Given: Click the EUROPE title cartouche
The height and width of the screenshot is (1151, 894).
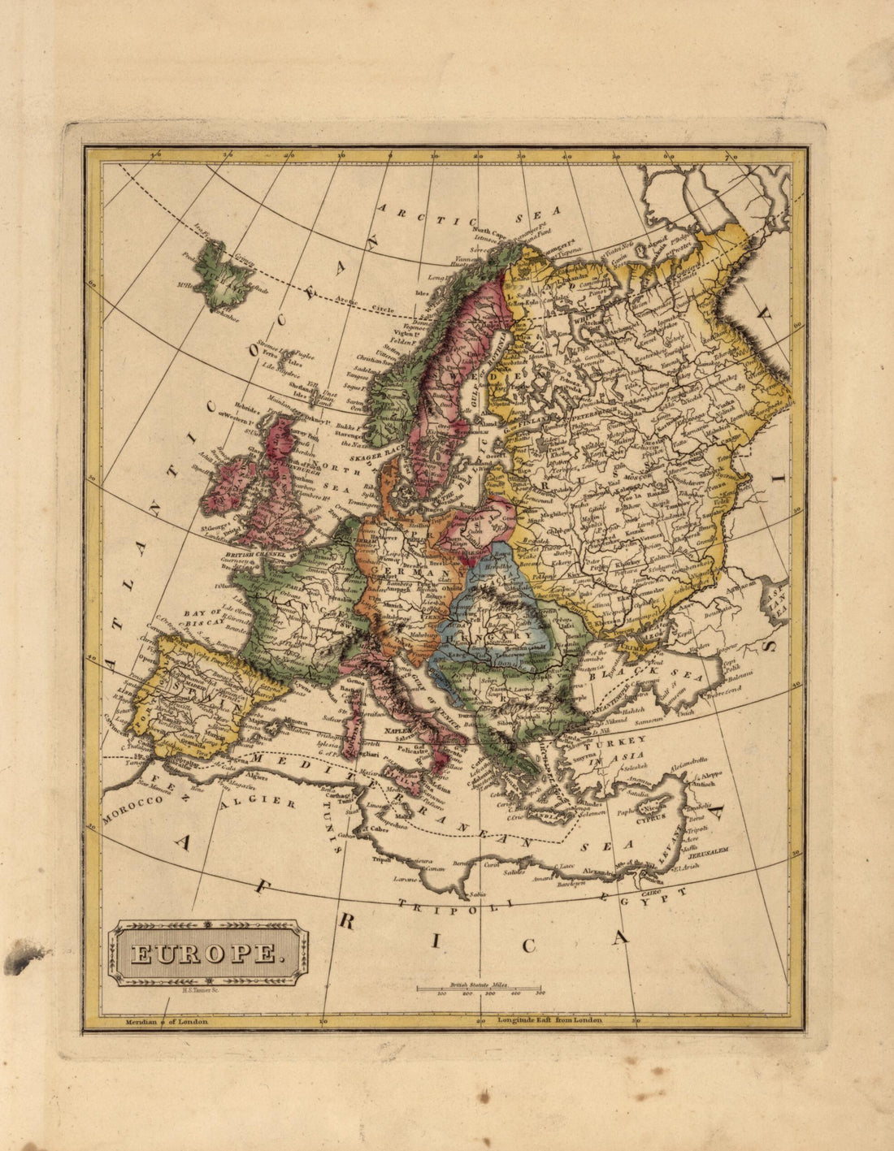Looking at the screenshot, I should [x=208, y=952].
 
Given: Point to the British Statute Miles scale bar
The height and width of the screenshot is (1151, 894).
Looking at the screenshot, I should [x=480, y=989].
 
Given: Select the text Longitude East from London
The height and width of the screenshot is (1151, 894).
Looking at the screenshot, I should [x=549, y=1020].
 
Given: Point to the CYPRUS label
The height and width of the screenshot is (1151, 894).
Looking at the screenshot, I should [x=650, y=818].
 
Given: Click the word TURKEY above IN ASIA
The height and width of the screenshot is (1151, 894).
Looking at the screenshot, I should [x=619, y=740].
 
